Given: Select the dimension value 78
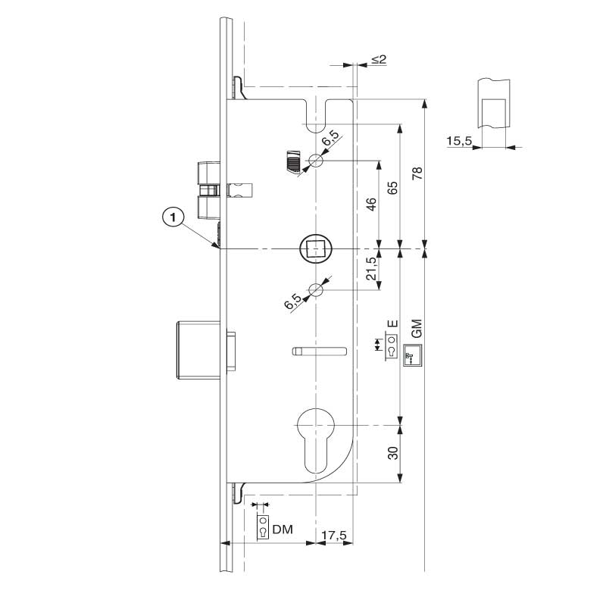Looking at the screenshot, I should click(x=416, y=173).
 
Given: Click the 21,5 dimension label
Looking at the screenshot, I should click(x=371, y=269).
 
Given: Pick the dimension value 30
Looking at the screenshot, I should click(x=392, y=453).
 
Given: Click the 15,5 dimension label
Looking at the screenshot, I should click(x=460, y=141).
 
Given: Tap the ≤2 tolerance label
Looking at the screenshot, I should click(x=379, y=59).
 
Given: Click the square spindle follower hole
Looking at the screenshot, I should click(x=316, y=248).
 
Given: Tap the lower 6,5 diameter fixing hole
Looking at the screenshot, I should click(x=316, y=289).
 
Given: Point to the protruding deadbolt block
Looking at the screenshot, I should click(x=198, y=350).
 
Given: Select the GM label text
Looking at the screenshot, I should click(x=416, y=328).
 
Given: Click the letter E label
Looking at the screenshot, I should click(x=392, y=324).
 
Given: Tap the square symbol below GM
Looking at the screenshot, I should click(x=413, y=355).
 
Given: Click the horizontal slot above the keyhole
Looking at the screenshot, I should click(x=319, y=351).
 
